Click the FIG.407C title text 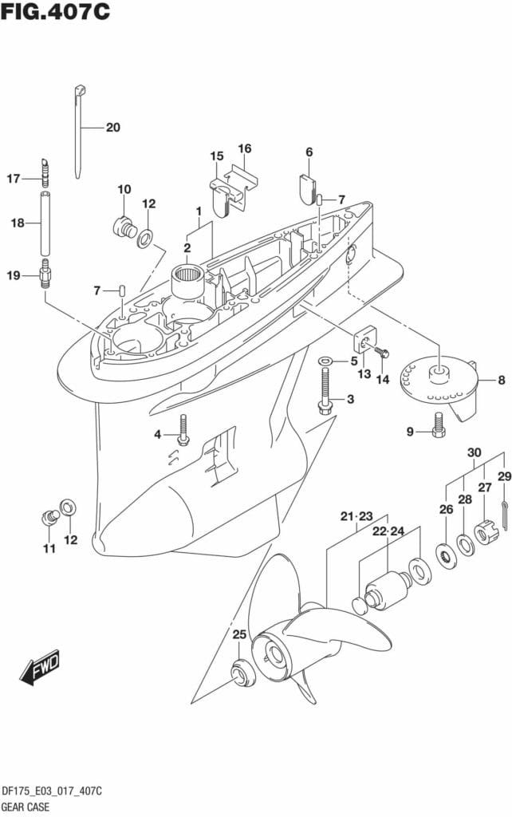coord(56,13)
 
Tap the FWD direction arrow coord(39,669)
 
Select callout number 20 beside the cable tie coord(112,127)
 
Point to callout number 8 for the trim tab coord(501,381)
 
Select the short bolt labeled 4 coord(183,431)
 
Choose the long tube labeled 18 coord(45,223)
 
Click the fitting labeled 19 coord(45,278)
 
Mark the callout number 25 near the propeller coord(239,635)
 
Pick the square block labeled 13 coord(364,342)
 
